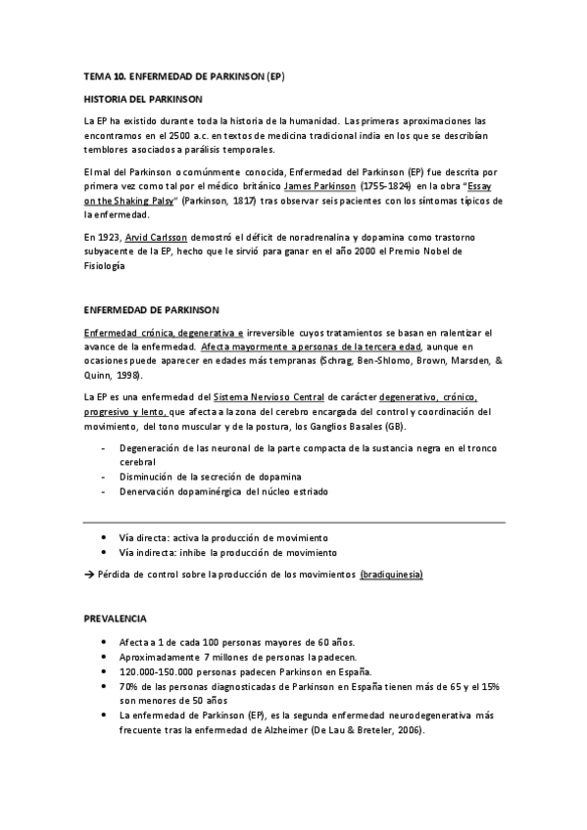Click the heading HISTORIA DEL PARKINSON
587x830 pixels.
(143, 100)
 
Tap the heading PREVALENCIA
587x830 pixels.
(116, 619)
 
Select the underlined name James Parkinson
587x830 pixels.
(315, 184)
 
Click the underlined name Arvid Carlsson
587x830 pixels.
(156, 237)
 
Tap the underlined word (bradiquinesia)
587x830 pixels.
(392, 573)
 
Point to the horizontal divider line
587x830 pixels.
(294, 522)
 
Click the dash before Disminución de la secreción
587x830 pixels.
(105, 476)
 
